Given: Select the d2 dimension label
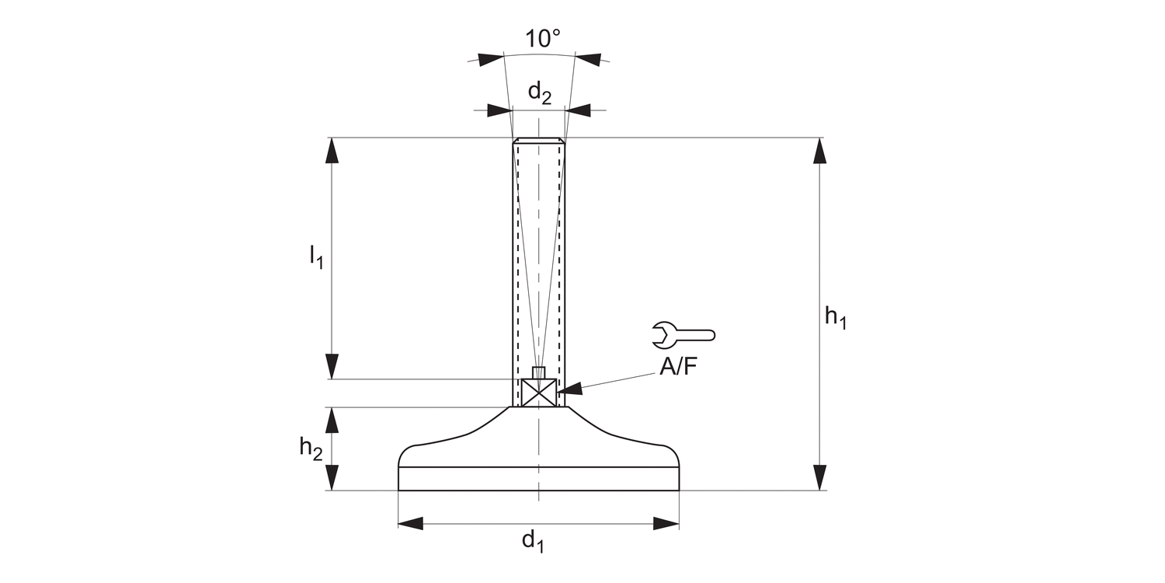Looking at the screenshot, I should pos(539,93).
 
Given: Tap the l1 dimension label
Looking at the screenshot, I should pos(315,257).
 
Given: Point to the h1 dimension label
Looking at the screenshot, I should pos(835,316).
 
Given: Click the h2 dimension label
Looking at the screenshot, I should pos(311,448).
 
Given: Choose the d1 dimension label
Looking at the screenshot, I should pos(533,540).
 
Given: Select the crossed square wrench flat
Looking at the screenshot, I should pos(539,393).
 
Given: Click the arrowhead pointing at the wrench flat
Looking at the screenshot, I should pos(569,388).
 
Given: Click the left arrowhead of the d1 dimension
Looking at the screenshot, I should pos(411,523).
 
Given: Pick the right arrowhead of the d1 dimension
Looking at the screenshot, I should pos(666,523).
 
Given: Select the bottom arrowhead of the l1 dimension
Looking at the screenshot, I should pos(332,366).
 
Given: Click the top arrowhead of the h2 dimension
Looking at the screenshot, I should pos(332,420).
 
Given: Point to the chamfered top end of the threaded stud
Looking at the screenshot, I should pos(538,141).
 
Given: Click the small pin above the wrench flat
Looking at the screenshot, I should pos(538,372).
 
